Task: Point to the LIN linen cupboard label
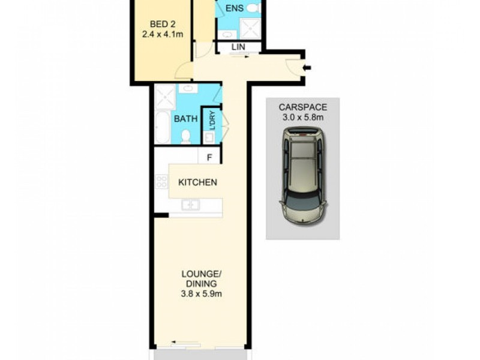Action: click(x=238, y=47)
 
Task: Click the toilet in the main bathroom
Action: click(x=185, y=137)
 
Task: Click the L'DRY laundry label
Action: click(x=211, y=120)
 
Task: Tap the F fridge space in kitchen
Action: click(x=209, y=158)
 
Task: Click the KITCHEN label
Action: click(x=197, y=182)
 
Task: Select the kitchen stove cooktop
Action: click(x=161, y=182)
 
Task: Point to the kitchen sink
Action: click(x=191, y=205)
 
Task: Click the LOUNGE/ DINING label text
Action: click(x=200, y=279)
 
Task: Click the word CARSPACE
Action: click(x=303, y=107)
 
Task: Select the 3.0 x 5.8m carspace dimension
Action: click(x=303, y=117)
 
